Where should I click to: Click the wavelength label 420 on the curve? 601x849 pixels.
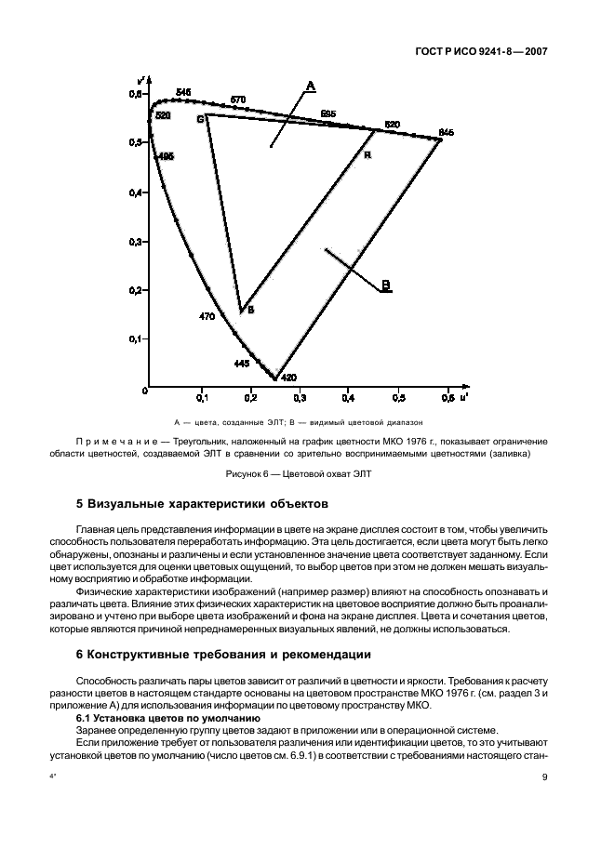[288, 378]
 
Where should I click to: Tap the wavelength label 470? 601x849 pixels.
[207, 316]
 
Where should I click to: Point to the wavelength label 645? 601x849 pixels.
[446, 133]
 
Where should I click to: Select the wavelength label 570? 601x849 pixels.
[238, 99]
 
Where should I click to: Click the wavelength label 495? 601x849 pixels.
[166, 157]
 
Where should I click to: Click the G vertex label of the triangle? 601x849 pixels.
[199, 119]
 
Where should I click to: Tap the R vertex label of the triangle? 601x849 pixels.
[367, 155]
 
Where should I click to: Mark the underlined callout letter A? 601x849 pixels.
[312, 86]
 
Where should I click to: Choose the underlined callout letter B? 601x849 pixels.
[386, 285]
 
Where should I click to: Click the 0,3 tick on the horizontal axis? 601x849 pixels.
[300, 398]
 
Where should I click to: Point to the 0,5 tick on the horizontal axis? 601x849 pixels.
[398, 398]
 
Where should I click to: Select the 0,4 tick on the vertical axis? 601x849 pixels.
[136, 192]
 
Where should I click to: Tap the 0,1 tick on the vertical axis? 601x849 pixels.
[136, 339]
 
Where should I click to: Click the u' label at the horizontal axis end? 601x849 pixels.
[462, 397]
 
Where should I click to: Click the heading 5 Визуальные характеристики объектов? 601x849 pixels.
[201, 505]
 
